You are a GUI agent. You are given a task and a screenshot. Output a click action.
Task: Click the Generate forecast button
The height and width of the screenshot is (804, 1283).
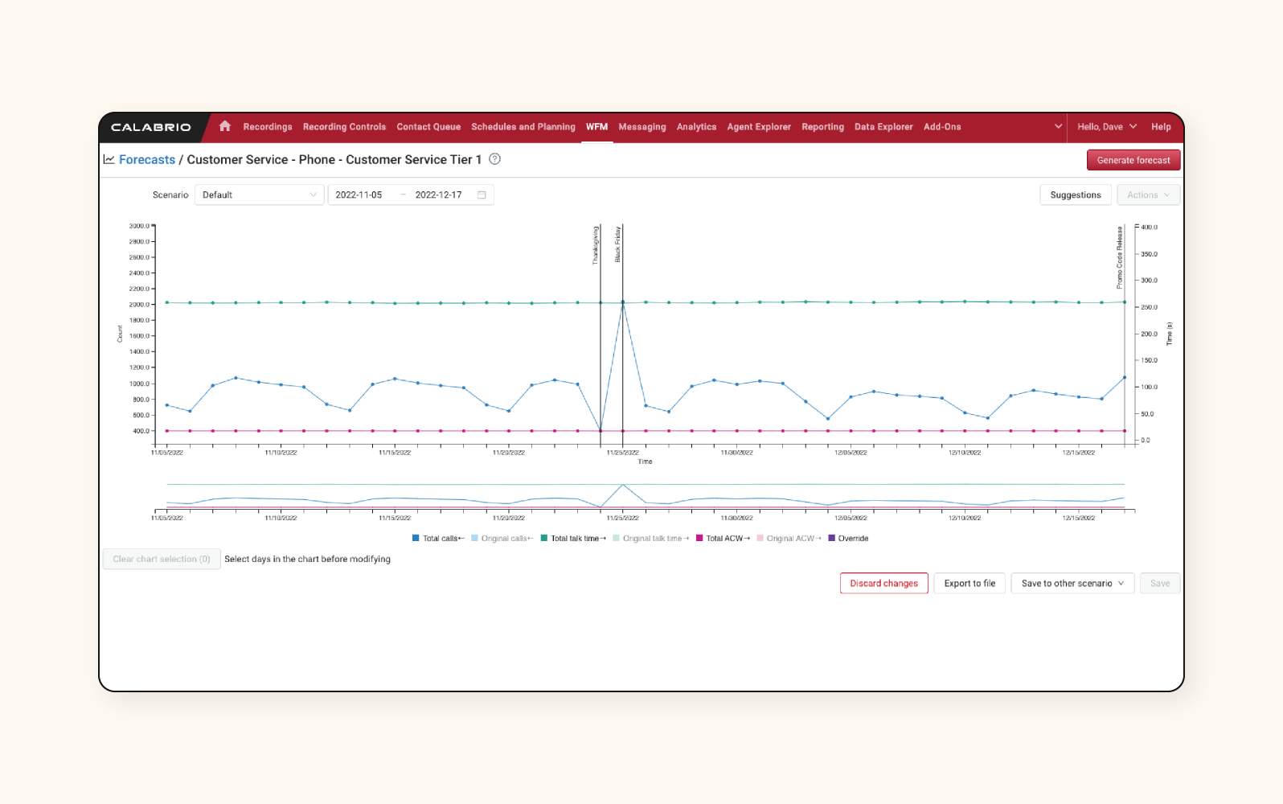pos(1133,160)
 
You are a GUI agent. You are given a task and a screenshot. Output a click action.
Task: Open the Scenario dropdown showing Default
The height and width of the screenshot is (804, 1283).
pos(259,195)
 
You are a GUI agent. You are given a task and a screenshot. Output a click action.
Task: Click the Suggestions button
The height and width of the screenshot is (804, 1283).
pos(1075,195)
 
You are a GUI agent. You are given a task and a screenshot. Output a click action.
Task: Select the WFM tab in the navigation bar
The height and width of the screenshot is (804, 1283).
pos(596,127)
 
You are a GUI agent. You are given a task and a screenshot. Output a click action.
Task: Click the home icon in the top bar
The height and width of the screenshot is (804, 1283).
pos(225,126)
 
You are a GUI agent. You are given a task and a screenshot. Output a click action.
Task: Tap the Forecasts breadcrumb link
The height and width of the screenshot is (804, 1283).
pos(146,160)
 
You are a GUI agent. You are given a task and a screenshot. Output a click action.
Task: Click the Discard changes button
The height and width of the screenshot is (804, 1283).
pos(883,583)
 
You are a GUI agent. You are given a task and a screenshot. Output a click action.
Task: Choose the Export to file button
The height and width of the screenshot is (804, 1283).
pos(969,583)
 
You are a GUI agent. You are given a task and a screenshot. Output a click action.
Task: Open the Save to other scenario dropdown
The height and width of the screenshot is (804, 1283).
pos(1072,583)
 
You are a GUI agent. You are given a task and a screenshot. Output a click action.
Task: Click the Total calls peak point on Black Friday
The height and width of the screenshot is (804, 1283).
pos(623,303)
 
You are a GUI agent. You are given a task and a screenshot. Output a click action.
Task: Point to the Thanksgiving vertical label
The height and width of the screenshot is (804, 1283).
pos(596,245)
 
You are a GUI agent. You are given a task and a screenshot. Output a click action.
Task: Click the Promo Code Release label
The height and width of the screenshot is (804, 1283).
pos(1119,258)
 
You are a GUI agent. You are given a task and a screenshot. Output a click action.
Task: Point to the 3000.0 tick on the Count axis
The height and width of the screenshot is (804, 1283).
pos(139,226)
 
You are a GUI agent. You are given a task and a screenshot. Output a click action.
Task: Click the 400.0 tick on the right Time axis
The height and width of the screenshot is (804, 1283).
pos(1150,228)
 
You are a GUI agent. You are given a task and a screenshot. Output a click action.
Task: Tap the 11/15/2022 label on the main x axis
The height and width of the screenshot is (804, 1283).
pos(395,453)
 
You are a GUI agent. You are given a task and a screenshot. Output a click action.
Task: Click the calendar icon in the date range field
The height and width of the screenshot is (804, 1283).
pos(482,195)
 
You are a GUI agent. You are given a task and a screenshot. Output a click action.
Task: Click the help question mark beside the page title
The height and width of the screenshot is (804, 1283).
pos(495,159)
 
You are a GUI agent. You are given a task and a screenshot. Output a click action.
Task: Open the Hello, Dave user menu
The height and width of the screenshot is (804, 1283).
pos(1106,127)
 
